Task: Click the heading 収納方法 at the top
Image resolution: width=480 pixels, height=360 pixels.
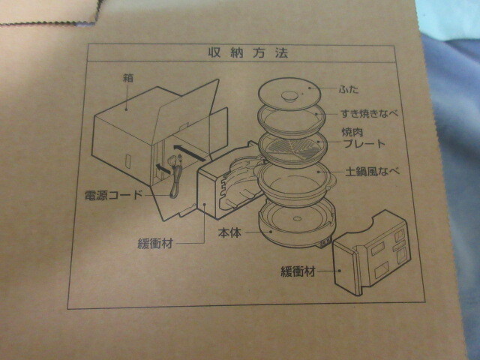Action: point(241,53)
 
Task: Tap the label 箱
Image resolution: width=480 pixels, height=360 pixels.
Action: point(127,77)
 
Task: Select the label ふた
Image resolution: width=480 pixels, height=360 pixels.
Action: point(349,88)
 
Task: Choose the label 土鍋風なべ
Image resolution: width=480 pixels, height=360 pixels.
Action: point(371,170)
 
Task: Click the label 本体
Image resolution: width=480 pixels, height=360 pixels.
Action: point(228,233)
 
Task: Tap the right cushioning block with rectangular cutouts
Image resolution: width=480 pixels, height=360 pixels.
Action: point(372,259)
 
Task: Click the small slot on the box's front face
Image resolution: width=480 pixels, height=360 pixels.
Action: point(128,160)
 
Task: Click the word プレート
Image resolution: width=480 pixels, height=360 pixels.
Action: point(369,143)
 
